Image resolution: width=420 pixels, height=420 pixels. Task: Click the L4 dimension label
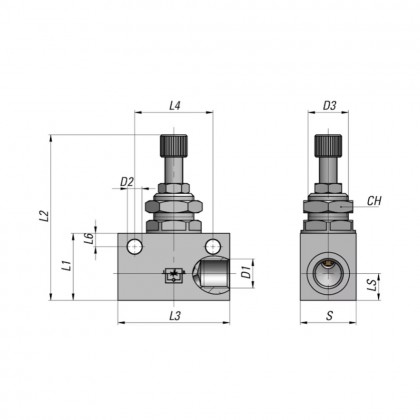[175, 104]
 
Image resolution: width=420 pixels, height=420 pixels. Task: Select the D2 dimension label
[126, 181]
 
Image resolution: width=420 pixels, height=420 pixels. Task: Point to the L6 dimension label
[88, 237]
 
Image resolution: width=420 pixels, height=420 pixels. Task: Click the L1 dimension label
[65, 266]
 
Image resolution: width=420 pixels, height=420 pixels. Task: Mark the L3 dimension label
[175, 315]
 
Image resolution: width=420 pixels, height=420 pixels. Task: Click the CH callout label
[374, 201]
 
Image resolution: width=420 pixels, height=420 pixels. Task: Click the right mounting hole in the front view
[212, 247]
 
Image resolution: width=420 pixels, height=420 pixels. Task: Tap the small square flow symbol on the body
[173, 277]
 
